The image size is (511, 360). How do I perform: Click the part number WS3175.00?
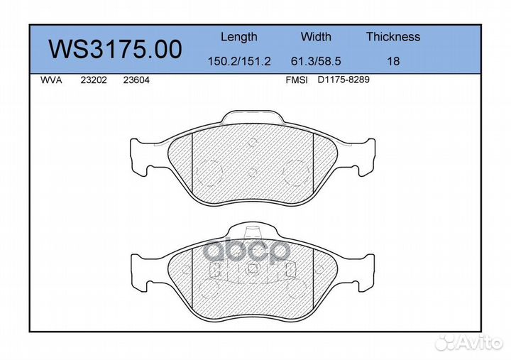[x=116, y=49]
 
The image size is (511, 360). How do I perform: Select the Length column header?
[x=239, y=37]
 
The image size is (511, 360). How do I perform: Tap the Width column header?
[x=316, y=36]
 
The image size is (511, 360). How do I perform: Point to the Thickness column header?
[x=393, y=36]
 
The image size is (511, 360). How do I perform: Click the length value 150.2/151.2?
[x=239, y=61]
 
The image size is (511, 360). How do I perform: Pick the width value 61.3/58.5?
[x=316, y=61]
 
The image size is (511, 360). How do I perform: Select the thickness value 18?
[x=393, y=61]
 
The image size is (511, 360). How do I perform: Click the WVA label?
[x=51, y=80]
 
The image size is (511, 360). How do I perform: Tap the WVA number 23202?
[x=94, y=80]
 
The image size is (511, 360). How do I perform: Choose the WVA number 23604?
[x=136, y=80]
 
